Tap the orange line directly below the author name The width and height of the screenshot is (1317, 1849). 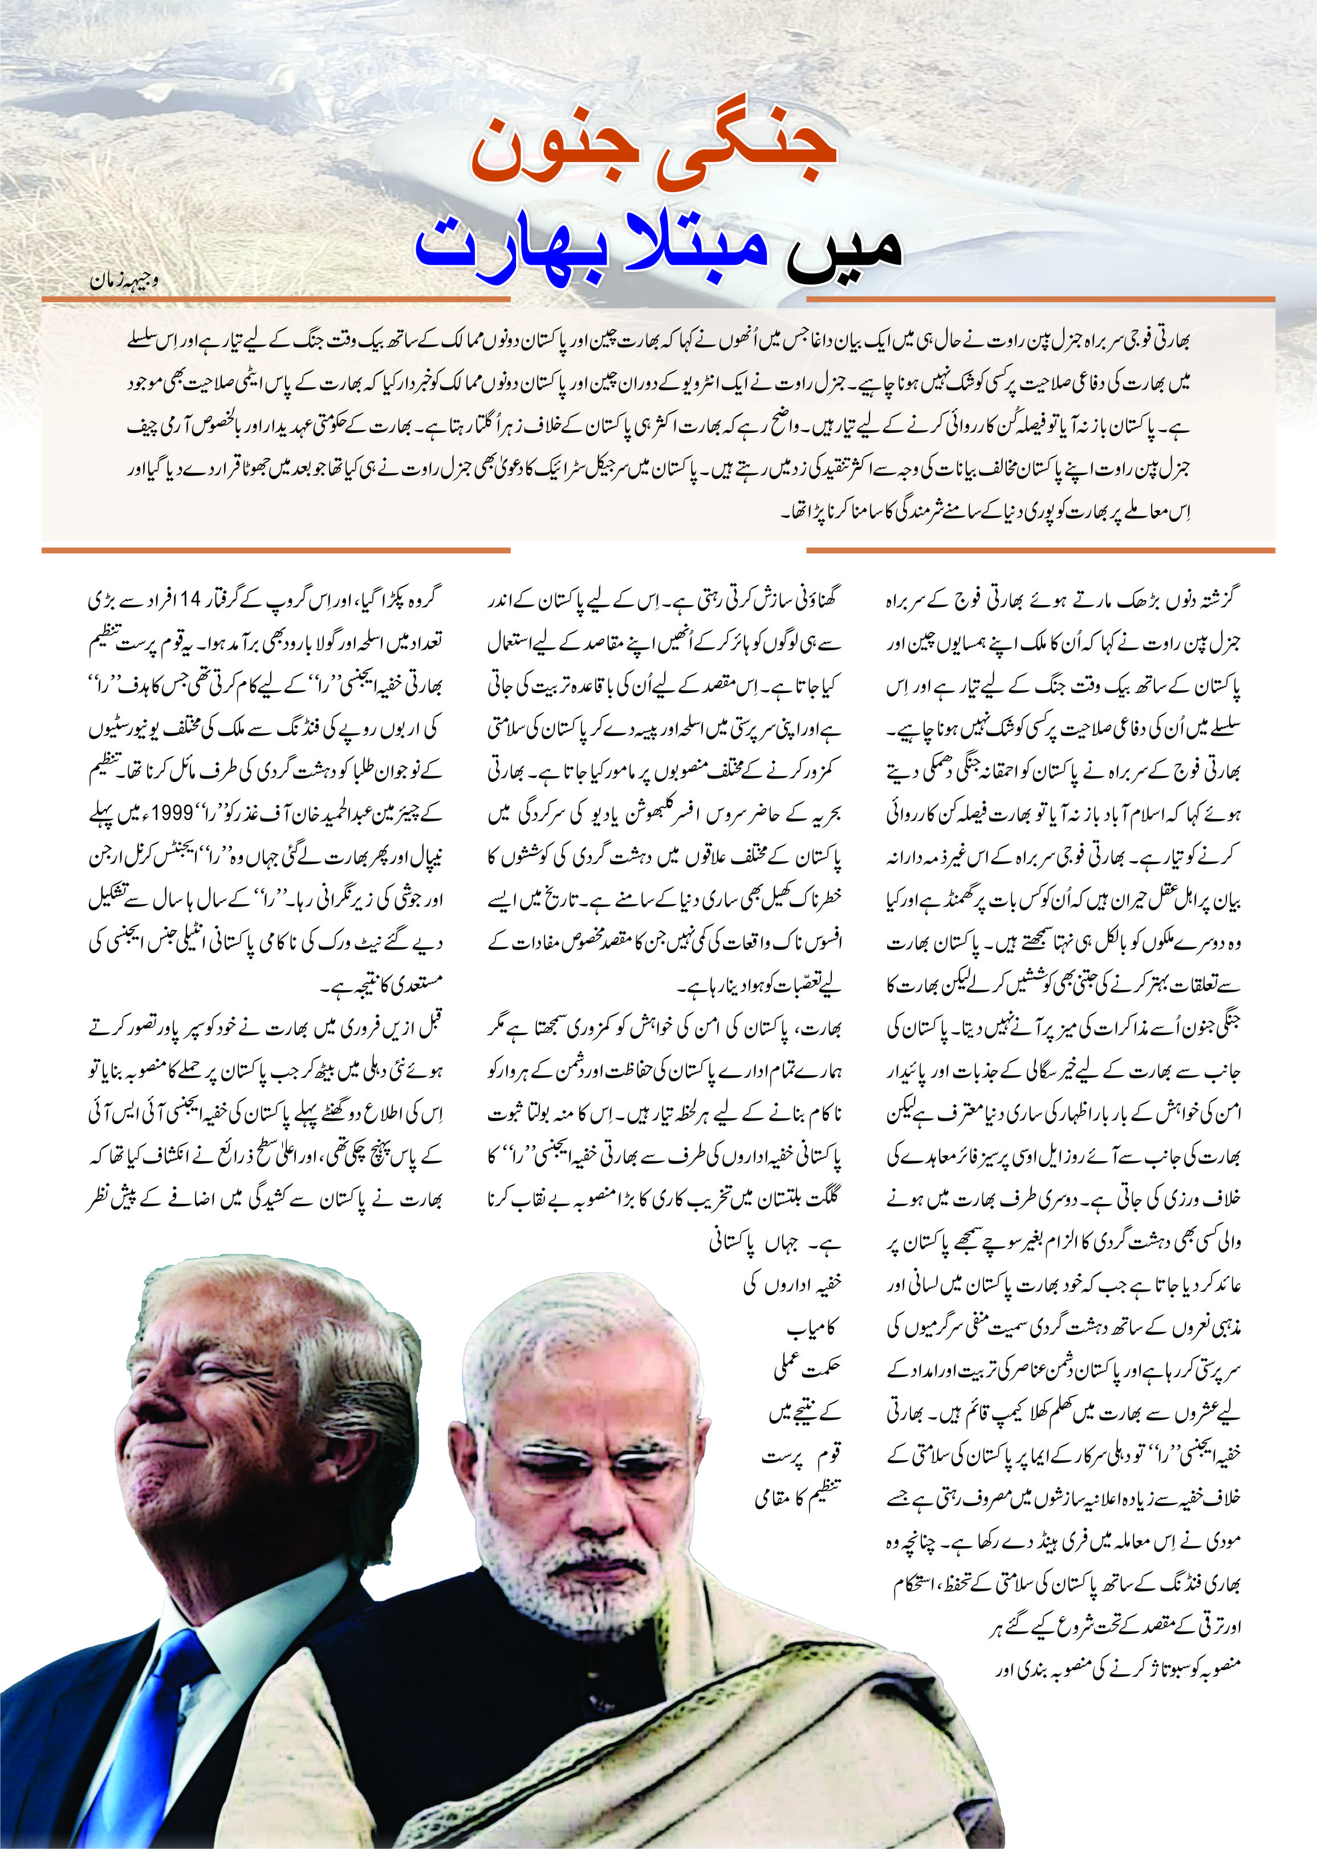276,300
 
